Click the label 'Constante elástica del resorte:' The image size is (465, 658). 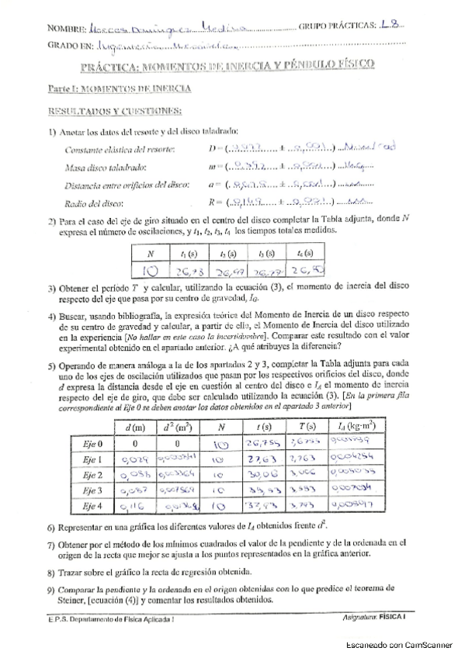pos(120,149)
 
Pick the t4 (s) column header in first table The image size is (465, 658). pos(304,254)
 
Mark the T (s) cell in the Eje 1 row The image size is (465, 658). pos(305,459)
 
